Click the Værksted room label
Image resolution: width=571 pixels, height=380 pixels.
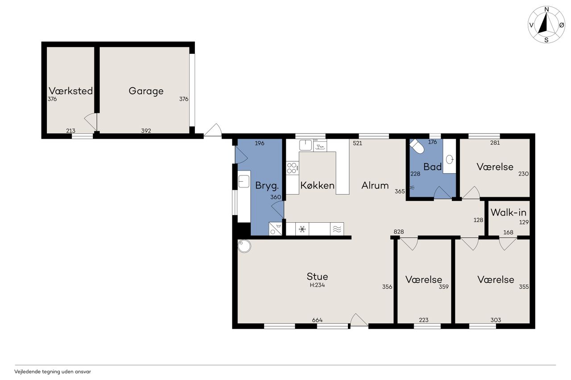pyautogui.click(x=70, y=91)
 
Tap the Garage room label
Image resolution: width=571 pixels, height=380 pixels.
pyautogui.click(x=146, y=91)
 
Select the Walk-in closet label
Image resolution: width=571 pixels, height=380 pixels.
pyautogui.click(x=508, y=212)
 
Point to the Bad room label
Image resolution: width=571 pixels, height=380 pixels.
pyautogui.click(x=432, y=167)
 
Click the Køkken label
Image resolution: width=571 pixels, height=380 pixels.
pyautogui.click(x=317, y=185)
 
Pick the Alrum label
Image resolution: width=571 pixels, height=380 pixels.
pyautogui.click(x=375, y=185)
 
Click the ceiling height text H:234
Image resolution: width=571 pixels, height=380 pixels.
pyautogui.click(x=317, y=285)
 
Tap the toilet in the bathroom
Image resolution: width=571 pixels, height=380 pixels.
pyautogui.click(x=417, y=146)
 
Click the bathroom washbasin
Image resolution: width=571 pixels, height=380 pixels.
pyautogui.click(x=449, y=160)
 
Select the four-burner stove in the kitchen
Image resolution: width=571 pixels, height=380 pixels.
pyautogui.click(x=292, y=168)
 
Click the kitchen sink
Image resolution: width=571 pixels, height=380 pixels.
pyautogui.click(x=306, y=145)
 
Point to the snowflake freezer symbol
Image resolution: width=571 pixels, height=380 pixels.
pyautogui.click(x=302, y=229)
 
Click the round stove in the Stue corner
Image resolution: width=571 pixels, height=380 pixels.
pyautogui.click(x=244, y=246)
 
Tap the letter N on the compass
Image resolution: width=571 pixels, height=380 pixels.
pyautogui.click(x=546, y=9)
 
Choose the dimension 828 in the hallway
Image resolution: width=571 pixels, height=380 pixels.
pyautogui.click(x=399, y=232)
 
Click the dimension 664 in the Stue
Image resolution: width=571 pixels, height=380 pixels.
pyautogui.click(x=317, y=320)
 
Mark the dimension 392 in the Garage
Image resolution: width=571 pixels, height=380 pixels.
pyautogui.click(x=146, y=131)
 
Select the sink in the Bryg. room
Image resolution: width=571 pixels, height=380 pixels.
pyautogui.click(x=244, y=181)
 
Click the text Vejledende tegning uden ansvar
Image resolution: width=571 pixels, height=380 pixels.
pyautogui.click(x=53, y=372)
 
